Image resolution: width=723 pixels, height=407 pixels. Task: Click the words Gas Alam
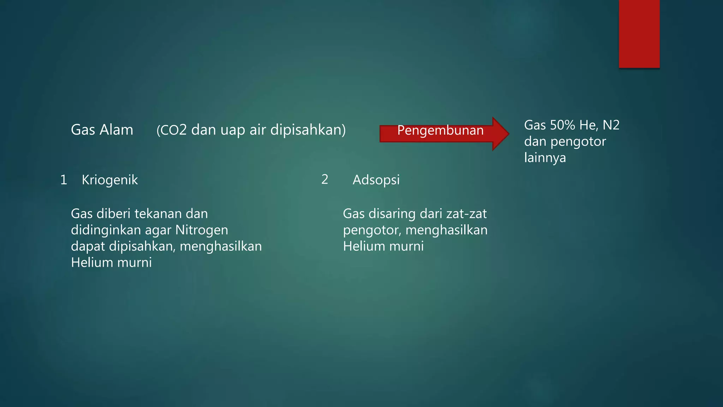pos(102,130)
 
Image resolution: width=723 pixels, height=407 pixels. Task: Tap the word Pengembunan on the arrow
pos(440,130)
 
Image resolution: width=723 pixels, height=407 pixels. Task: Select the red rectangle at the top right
pos(639,34)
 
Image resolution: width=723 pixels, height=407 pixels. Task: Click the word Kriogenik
pos(110,180)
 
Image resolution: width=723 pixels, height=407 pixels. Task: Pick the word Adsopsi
pos(376,180)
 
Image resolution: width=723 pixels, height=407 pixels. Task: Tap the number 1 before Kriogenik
pos(64,180)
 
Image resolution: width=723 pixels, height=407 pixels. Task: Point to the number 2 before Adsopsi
pos(325,179)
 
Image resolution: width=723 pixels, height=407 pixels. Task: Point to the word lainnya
pos(545,158)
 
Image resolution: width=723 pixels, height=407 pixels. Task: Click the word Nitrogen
pos(202,230)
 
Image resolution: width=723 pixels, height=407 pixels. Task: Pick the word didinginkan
pos(106,230)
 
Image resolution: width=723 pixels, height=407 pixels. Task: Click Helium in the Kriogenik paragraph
pos(92,263)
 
